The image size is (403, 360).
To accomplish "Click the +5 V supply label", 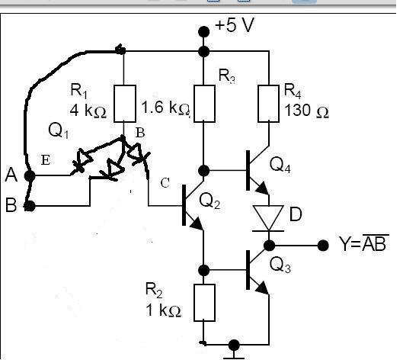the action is coord(235,25).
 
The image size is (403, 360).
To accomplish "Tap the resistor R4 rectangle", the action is coord(269,104).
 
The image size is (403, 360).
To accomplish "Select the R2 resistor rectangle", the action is coord(204,303).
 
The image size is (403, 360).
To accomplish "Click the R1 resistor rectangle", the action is coord(125,104).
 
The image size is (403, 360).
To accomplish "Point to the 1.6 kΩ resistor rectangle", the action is coord(204,104).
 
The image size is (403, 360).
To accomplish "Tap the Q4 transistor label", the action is coord(280,165).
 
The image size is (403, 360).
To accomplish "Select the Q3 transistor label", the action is coord(280,265).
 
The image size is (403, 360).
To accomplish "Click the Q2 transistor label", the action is coord(209,201).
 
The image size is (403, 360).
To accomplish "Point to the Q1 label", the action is coord(59,130).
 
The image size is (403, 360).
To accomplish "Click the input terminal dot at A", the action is coord(30,176).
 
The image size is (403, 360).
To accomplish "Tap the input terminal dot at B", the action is coord(30,206).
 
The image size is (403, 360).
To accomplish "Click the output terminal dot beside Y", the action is coord(323,246).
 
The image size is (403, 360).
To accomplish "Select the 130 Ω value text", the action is coord(306,111).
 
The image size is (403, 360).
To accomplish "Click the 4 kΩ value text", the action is coord(88,111).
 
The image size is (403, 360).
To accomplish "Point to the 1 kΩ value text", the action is coord(163,310).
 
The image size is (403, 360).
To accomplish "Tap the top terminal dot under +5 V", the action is coord(204,31).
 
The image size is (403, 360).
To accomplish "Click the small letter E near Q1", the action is coord(46,160).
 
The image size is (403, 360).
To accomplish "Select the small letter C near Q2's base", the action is coord(165,183).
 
